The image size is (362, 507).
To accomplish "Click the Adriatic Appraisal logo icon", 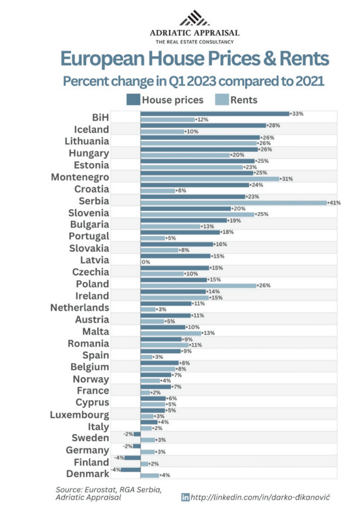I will point(194,19).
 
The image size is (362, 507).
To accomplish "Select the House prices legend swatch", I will point(133,100).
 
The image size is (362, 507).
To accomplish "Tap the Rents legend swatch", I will point(220,100).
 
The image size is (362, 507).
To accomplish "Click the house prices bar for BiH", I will point(214,114).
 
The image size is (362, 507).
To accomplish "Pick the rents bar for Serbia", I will point(233,203).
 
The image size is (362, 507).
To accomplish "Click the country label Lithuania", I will point(87,141).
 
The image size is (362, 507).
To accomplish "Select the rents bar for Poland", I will point(198,286).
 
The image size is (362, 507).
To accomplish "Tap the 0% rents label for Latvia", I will point(146,262).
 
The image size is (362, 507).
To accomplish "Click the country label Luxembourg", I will point(79,414).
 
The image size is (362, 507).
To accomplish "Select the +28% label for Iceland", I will point(273,126).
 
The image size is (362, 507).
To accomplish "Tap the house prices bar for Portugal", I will point(180,232).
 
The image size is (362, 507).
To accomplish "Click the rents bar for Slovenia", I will point(197,214).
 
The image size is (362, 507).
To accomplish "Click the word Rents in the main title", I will point(301,59).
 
